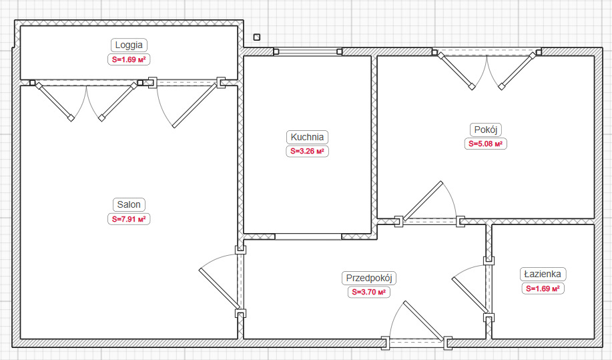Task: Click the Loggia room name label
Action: pos(129,45)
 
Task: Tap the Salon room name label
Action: pos(129,204)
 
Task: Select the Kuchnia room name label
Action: pos(307,137)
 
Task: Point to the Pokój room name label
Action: pos(486,130)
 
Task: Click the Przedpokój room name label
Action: pos(369,278)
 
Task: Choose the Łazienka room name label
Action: pos(543,274)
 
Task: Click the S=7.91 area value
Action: pos(129,219)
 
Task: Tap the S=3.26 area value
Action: pos(307,151)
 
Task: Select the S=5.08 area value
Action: pos(486,144)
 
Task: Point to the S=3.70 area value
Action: pos(369,292)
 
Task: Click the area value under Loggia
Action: pos(129,59)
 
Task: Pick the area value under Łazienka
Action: pos(543,289)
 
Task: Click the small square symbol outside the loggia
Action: pos(256,37)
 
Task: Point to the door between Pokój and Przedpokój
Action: pos(429,204)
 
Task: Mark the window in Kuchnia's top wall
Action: pos(308,51)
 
